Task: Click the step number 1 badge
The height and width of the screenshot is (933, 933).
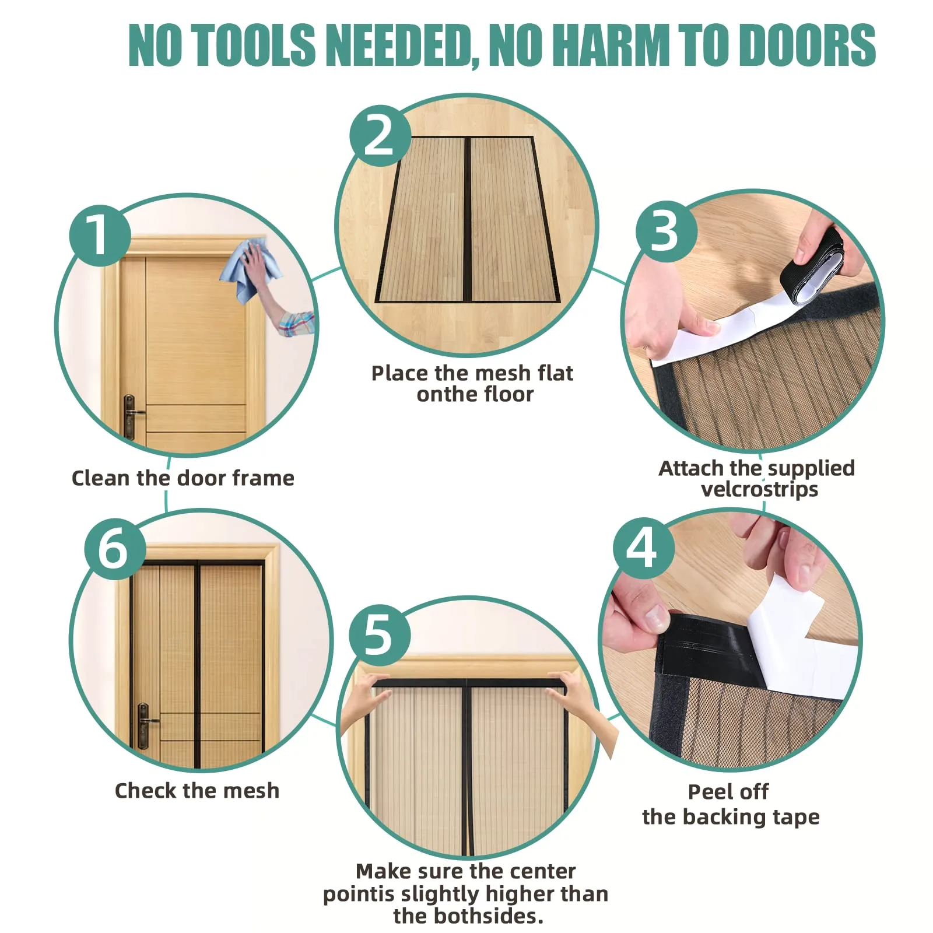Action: click(x=100, y=236)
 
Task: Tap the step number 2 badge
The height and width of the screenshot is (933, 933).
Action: click(x=380, y=136)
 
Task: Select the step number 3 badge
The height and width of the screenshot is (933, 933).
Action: click(x=666, y=232)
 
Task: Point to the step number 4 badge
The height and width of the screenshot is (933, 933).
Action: click(x=643, y=548)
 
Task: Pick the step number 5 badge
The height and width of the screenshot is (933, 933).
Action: click(x=380, y=635)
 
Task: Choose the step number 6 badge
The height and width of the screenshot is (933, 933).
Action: click(x=115, y=549)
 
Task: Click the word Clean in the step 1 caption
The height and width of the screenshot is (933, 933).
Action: click(x=100, y=478)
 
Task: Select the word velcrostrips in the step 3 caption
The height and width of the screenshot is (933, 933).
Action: click(x=759, y=489)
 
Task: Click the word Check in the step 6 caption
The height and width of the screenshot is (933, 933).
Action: click(x=146, y=791)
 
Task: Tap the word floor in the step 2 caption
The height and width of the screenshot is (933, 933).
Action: click(x=505, y=395)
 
